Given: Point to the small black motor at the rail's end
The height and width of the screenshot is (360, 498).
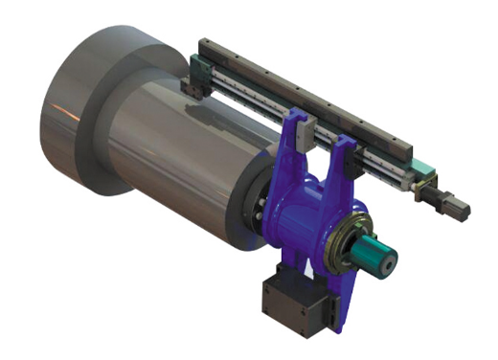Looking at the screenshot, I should click(449, 203).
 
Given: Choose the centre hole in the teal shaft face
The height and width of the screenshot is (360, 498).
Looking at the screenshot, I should click(388, 261).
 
